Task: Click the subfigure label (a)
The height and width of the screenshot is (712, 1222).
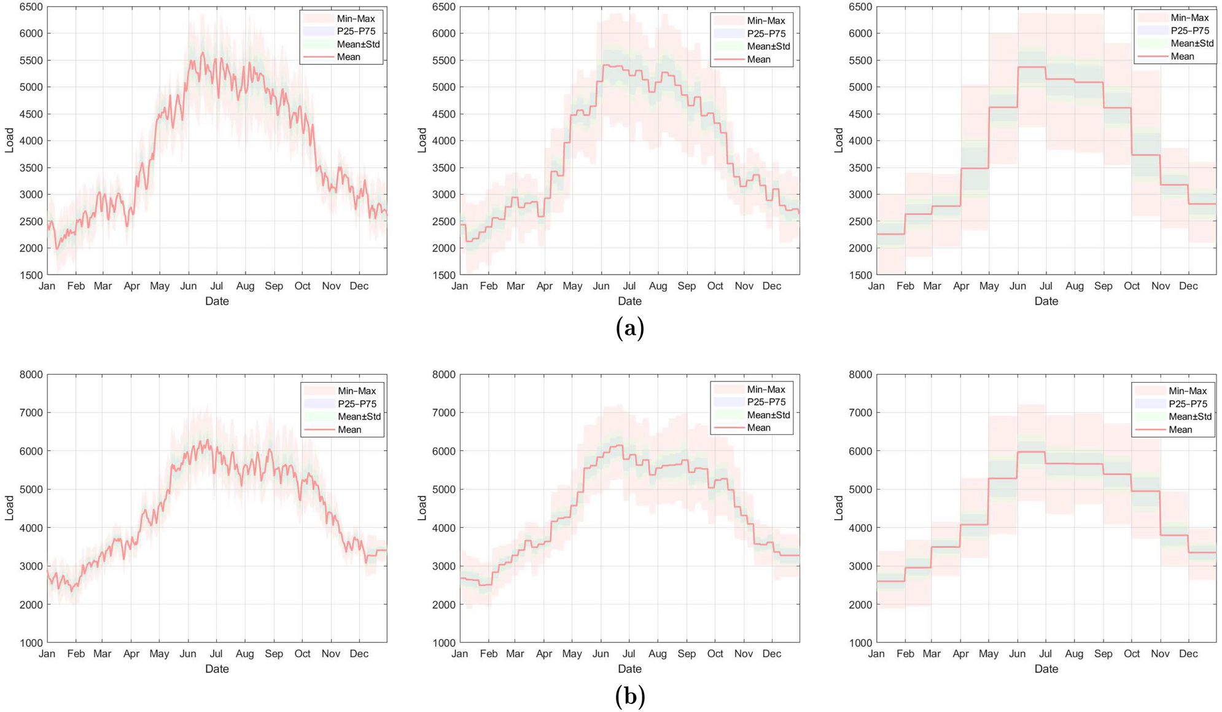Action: pyautogui.click(x=629, y=329)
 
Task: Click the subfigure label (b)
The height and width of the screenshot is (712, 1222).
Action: pyautogui.click(x=629, y=696)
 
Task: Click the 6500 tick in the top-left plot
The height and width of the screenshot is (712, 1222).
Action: pyautogui.click(x=31, y=7)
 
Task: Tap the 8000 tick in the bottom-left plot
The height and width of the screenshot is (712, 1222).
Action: pyautogui.click(x=31, y=374)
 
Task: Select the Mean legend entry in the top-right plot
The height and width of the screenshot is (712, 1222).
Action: pyautogui.click(x=1182, y=57)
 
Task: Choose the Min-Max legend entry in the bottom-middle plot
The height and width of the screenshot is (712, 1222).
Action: pyautogui.click(x=766, y=389)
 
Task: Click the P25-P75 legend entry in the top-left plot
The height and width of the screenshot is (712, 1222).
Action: pyautogui.click(x=356, y=31)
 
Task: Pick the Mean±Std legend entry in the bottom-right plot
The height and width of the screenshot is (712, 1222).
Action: pyautogui.click(x=1190, y=417)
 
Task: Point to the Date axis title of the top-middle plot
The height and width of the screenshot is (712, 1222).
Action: pyautogui.click(x=629, y=301)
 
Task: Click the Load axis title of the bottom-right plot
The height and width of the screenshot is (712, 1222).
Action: pyautogui.click(x=839, y=508)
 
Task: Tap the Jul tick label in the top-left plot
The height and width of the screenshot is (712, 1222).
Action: pyautogui.click(x=216, y=286)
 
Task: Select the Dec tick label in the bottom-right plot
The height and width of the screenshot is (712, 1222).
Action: pyautogui.click(x=1188, y=654)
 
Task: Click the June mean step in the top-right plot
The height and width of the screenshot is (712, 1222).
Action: pyautogui.click(x=1032, y=67)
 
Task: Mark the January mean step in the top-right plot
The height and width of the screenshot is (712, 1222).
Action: pyautogui.click(x=890, y=234)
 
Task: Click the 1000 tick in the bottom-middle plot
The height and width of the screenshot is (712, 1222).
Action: pyautogui.click(x=443, y=643)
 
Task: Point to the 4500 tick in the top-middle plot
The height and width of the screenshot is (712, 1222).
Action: pyautogui.click(x=443, y=114)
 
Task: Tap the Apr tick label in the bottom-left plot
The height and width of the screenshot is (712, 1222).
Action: pyautogui.click(x=131, y=654)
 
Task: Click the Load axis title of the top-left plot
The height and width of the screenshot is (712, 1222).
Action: pyautogui.click(x=9, y=140)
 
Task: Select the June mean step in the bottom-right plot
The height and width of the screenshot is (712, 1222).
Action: pyautogui.click(x=1032, y=452)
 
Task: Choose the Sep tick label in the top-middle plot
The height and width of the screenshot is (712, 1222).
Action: pyautogui.click(x=687, y=286)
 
